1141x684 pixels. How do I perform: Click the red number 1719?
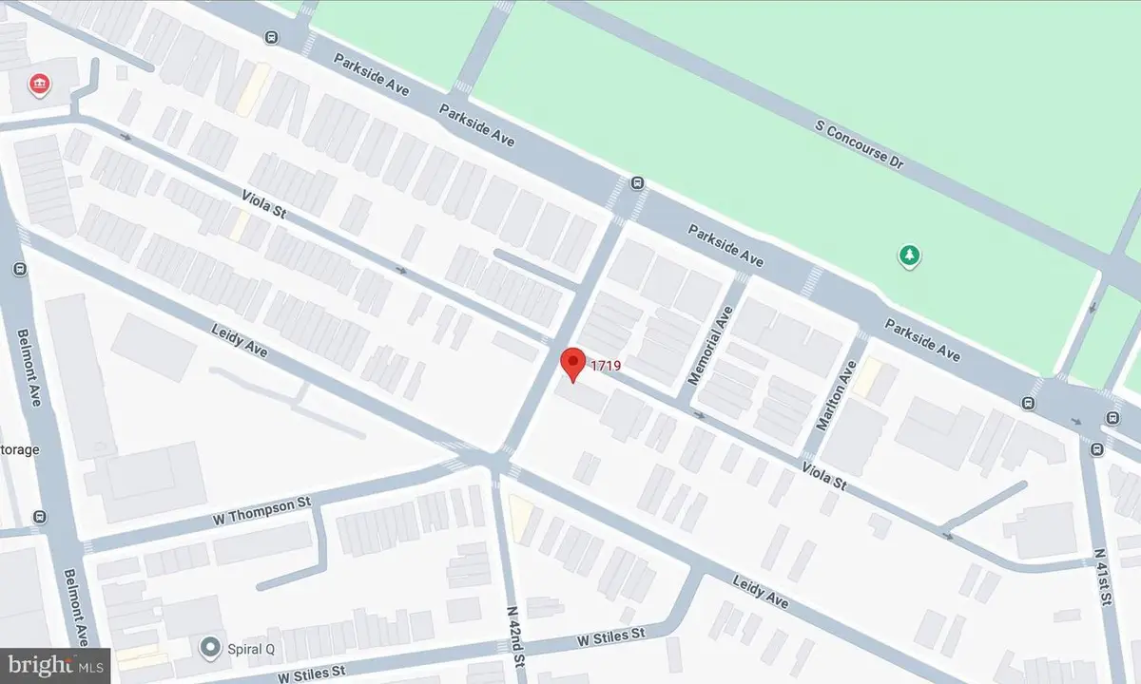point(605,364)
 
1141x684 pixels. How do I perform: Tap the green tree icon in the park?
point(911,255)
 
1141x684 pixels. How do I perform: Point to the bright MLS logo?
point(54,665)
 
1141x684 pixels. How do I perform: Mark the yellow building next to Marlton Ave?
point(866,380)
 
